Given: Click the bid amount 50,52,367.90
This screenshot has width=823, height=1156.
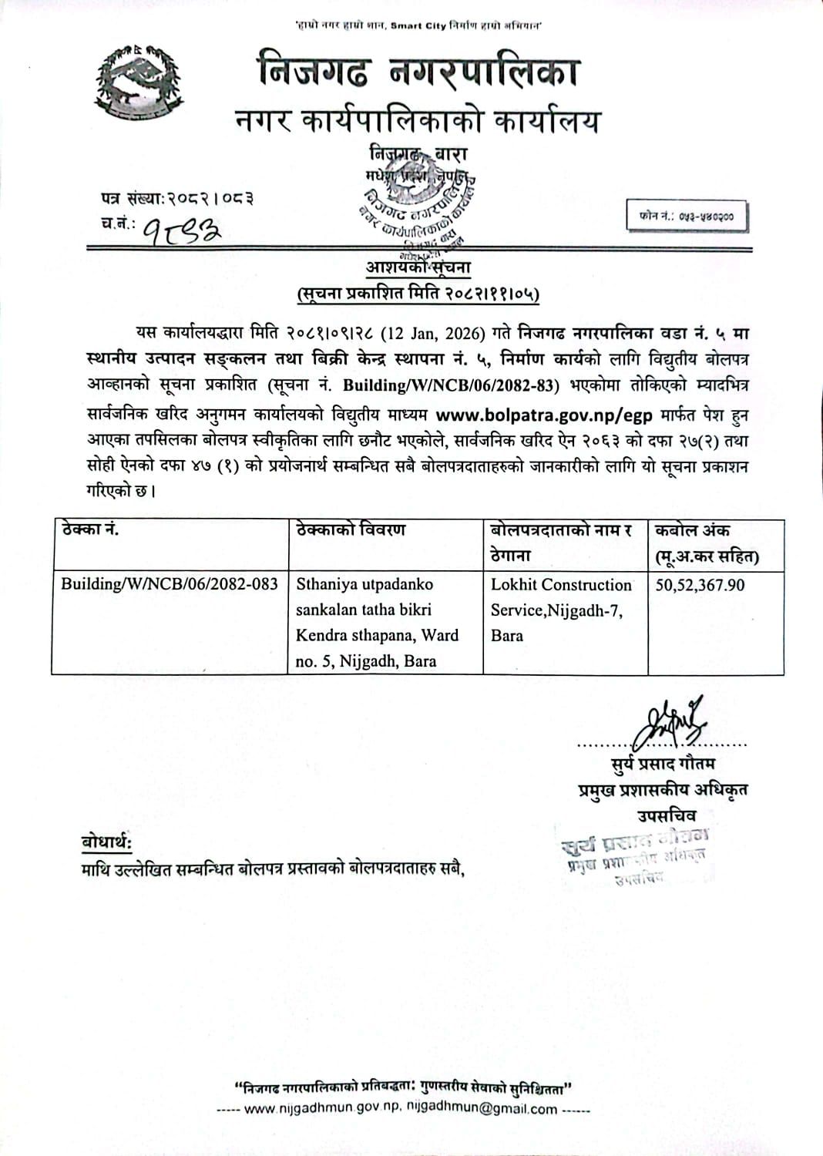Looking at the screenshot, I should point(700,585).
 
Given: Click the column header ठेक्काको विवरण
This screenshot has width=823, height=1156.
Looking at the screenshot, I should point(351,530).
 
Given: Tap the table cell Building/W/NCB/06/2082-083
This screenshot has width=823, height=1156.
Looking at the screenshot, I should point(170,583).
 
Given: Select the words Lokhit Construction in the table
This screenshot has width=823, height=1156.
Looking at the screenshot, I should point(561,585).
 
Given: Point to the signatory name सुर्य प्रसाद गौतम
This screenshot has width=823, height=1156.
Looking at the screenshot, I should point(660,764).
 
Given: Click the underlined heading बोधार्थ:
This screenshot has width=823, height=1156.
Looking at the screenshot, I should point(106,842).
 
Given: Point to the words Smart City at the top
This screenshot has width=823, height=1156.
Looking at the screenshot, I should point(418,26).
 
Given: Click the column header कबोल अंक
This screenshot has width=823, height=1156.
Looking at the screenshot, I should point(691,530).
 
